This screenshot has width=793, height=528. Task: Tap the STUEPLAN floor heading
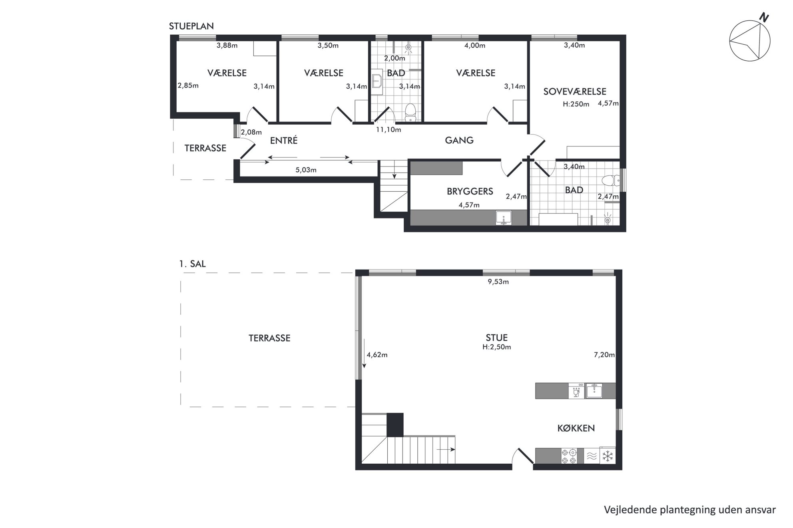tap(191, 26)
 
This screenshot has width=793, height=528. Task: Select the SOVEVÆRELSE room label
tap(575, 91)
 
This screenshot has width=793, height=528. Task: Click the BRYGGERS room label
tap(470, 191)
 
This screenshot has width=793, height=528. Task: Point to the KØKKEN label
tap(576, 428)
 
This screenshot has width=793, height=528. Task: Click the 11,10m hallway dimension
tap(388, 129)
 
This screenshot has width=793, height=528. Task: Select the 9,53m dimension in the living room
tap(498, 282)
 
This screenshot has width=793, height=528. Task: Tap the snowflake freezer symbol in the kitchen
tap(608, 456)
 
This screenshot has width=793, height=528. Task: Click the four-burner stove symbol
tap(569, 456)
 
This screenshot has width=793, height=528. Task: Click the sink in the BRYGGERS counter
tap(504, 218)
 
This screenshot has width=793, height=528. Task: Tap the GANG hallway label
tap(459, 140)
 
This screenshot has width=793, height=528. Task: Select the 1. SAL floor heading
tap(192, 264)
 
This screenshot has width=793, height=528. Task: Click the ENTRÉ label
tap(284, 141)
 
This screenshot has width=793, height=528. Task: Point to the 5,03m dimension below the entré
tap(306, 170)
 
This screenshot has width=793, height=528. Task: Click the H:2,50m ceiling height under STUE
tap(496, 347)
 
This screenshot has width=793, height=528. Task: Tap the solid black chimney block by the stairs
tap(395, 425)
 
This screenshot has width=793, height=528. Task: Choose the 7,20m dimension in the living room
tap(604, 355)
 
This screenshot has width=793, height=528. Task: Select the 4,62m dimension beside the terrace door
tap(377, 355)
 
